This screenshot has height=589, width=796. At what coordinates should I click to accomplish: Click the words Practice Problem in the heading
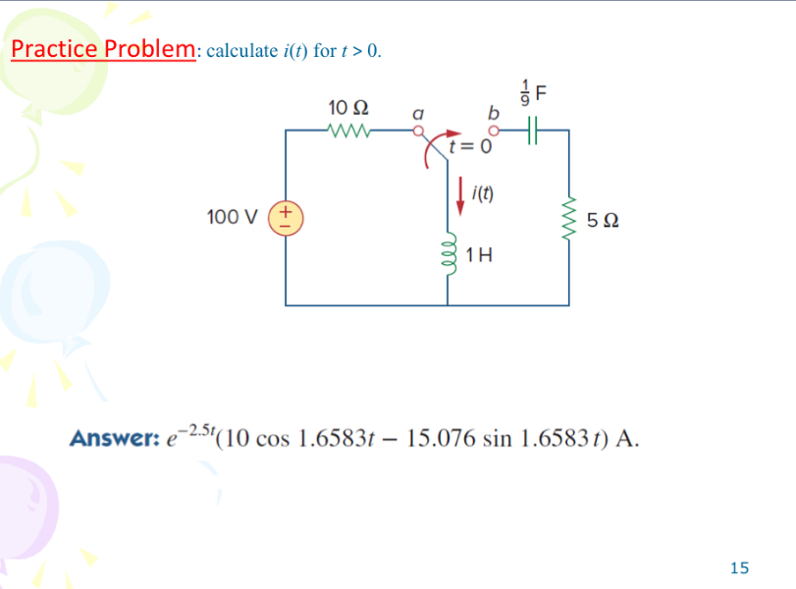(x=103, y=49)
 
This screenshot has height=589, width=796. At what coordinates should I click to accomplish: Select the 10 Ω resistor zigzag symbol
(x=349, y=129)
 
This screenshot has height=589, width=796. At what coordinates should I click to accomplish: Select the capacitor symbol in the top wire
(x=534, y=129)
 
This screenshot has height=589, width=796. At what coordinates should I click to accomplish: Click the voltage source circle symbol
(x=286, y=216)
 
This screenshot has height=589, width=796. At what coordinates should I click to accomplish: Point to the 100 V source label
(x=235, y=216)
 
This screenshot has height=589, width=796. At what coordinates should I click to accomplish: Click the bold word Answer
(x=107, y=437)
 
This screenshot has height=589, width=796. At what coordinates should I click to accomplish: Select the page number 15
(x=739, y=566)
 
